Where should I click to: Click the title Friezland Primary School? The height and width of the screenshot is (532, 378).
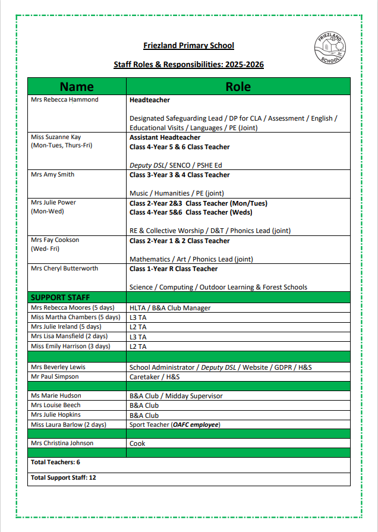click(188, 46)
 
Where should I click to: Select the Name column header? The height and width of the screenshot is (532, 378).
click(77, 87)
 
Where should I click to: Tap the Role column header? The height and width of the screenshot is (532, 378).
click(238, 87)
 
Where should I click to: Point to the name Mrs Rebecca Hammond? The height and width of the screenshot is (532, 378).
click(64, 100)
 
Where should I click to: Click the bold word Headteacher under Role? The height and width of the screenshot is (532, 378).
click(150, 100)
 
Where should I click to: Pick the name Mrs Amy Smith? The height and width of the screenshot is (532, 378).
click(52, 175)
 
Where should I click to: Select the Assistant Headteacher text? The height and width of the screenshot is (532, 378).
click(165, 137)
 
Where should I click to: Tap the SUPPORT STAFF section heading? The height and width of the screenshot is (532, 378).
click(60, 297)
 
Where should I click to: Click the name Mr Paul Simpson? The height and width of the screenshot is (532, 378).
click(55, 377)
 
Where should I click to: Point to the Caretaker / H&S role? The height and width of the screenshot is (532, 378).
click(155, 377)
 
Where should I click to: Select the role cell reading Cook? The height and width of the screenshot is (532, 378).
click(137, 443)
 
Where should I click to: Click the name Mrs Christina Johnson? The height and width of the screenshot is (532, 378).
click(62, 443)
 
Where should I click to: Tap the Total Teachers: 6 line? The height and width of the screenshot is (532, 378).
click(55, 462)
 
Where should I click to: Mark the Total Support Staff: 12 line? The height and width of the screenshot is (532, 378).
click(63, 477)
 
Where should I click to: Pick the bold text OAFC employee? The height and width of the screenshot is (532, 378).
click(196, 424)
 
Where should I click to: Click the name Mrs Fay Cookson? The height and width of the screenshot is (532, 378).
click(55, 240)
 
